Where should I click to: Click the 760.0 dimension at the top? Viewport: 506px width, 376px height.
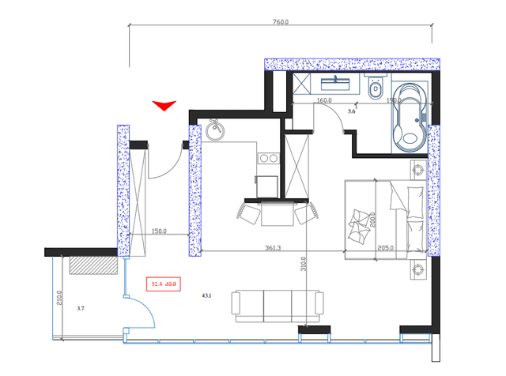coord(281,22)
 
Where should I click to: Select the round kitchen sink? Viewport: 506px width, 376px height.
coord(214,132)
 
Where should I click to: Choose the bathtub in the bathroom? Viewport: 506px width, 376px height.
coord(411,118)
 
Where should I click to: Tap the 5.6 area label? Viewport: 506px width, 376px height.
coord(352,111)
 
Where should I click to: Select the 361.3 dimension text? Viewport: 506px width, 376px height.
coord(273,247)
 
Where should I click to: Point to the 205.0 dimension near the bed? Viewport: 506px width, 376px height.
coord(387,247)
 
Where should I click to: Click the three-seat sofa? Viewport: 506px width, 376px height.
coord(277,305)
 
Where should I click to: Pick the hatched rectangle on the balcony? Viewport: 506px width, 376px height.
coord(93,265)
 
